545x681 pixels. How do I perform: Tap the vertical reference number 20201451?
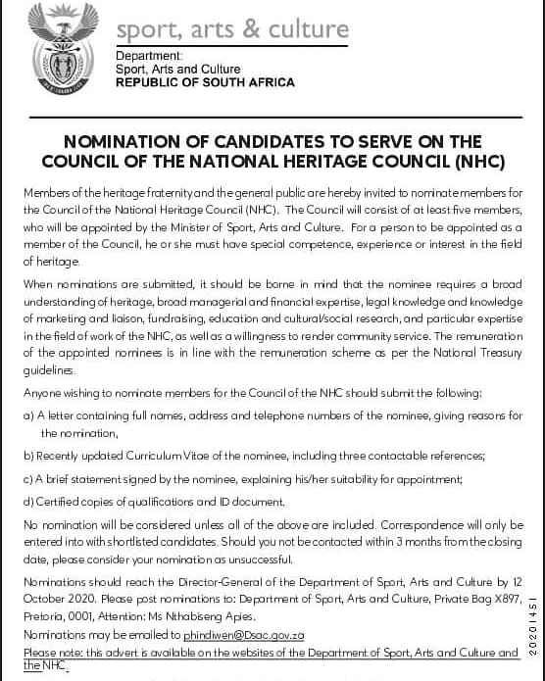532,626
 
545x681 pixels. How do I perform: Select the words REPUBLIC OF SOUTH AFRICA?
204,83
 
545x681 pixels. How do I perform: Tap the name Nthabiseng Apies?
203,617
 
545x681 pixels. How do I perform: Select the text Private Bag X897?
472,600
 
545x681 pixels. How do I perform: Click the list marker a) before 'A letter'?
28,416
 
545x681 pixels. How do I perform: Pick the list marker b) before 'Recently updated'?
28,456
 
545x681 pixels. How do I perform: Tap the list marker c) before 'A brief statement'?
28,479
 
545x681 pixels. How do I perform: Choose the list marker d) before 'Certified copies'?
28,502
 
